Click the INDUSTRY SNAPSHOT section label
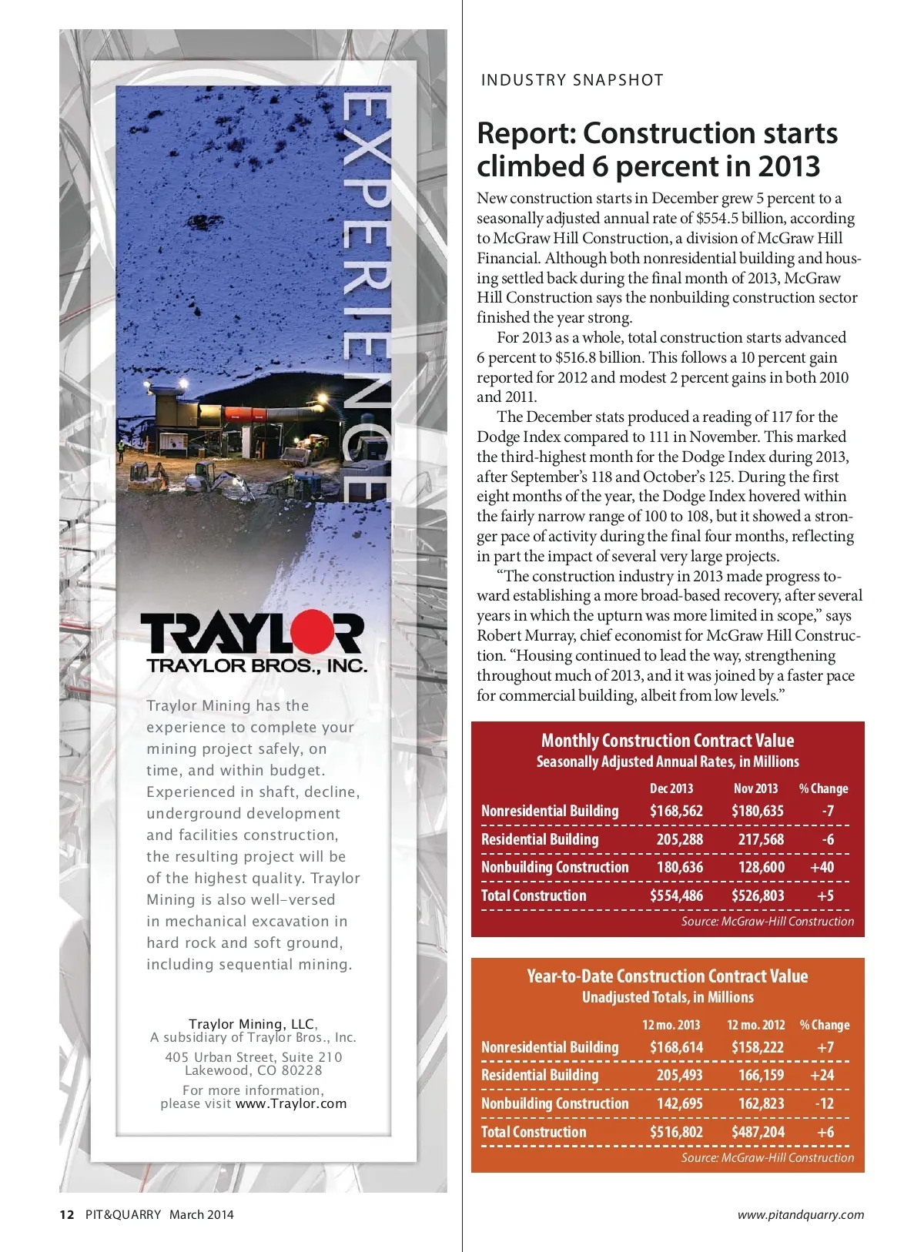coord(571,80)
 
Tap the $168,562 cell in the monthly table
coord(676,811)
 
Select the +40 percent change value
coord(822,867)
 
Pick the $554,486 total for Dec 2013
coord(676,895)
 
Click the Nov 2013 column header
coord(755,788)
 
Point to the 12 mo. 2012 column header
coord(755,1025)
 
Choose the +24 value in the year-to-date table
coord(822,1075)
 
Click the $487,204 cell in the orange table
coord(758,1132)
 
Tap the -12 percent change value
coord(824,1103)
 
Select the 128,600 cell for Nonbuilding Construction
coord(761,867)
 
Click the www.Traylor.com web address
coord(291,1103)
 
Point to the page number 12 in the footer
coord(67,1215)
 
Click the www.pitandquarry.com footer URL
coord(801,1215)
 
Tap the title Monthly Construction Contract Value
coord(667,741)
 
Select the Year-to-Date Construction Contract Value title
coord(667,976)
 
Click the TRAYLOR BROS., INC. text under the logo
coord(256,666)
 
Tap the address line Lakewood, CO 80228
coord(253,1070)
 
